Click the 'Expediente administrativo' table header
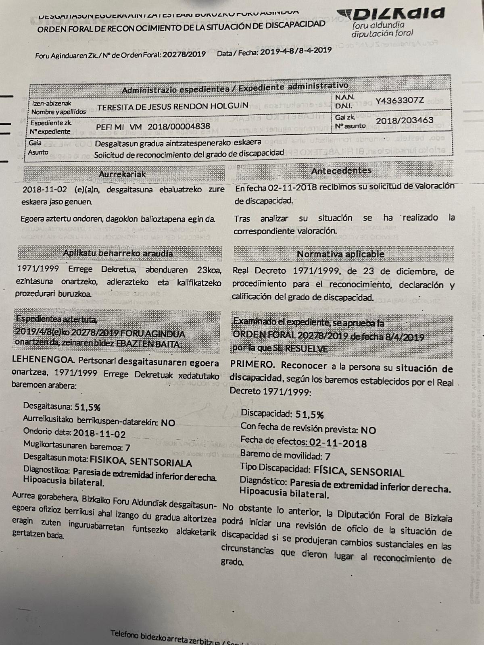pyautogui.click(x=293, y=86)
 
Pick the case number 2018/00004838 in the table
pyautogui.click(x=179, y=126)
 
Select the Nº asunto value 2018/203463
pyautogui.click(x=404, y=121)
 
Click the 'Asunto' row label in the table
pyautogui.click(x=38, y=152)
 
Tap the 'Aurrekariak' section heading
pyautogui.click(x=122, y=174)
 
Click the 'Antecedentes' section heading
pyautogui.click(x=341, y=171)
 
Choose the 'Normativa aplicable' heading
pyautogui.click(x=340, y=254)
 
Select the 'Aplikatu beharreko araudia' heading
pyautogui.click(x=118, y=253)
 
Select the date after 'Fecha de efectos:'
pyautogui.click(x=338, y=443)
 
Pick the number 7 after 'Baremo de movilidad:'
pyautogui.click(x=328, y=457)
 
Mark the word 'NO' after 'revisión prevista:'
pyautogui.click(x=368, y=430)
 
